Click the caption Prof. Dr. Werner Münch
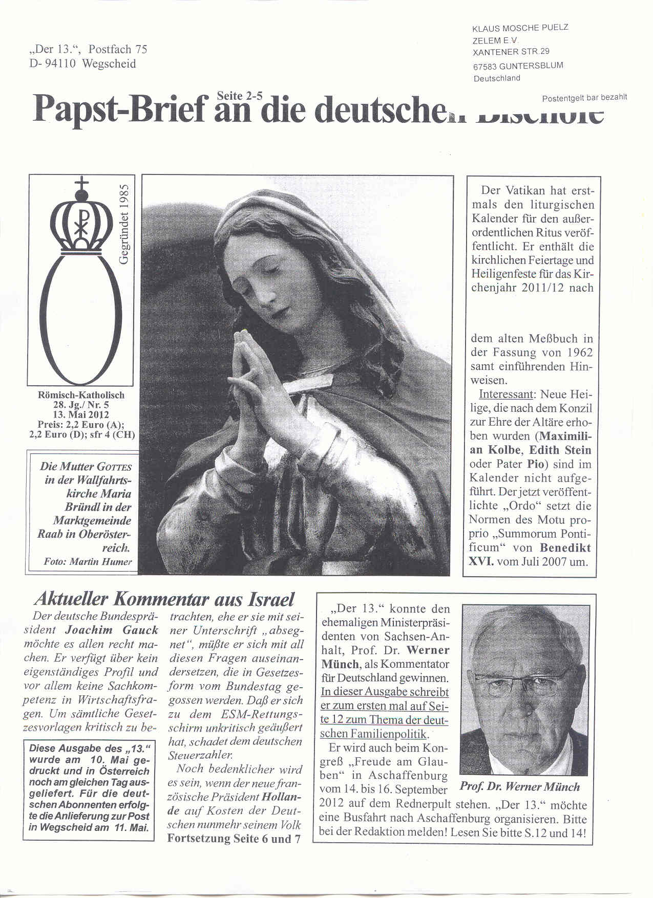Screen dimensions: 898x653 [520, 787]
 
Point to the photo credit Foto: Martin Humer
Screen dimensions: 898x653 [88, 561]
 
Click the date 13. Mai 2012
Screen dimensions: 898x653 [81, 414]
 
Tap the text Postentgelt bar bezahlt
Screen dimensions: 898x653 [584, 97]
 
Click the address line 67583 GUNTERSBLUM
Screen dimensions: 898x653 [517, 65]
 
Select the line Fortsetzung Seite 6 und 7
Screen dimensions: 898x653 [234, 839]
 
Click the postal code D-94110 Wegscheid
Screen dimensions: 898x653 [82, 64]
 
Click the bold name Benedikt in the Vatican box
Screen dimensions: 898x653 [565, 547]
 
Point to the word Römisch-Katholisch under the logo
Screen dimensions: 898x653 [81, 395]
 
